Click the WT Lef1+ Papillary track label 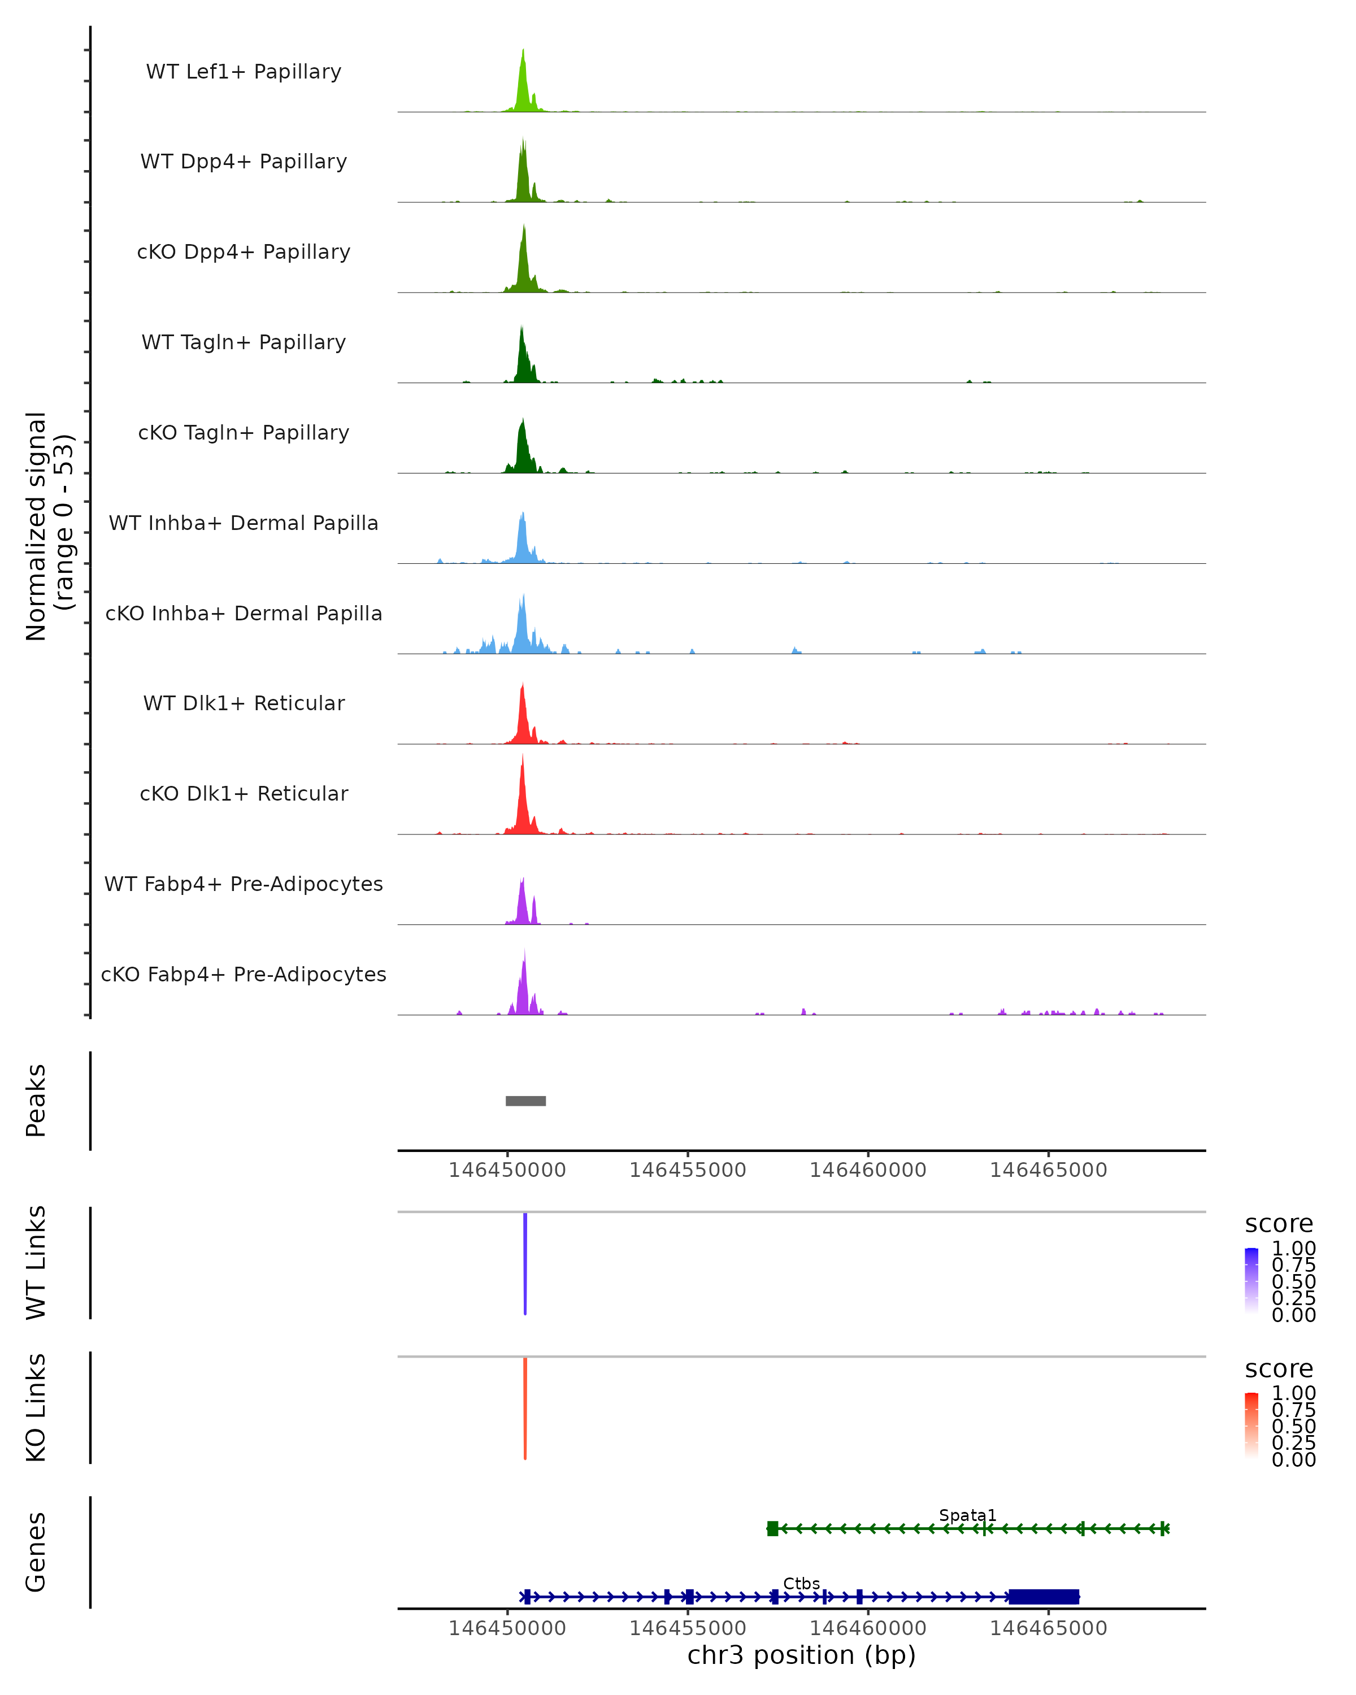click(x=244, y=72)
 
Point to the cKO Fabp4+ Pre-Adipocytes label click(x=244, y=974)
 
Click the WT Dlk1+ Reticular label click(x=244, y=703)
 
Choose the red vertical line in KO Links click(x=525, y=1407)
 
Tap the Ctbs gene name click(x=801, y=1583)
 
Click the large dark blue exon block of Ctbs click(x=1044, y=1597)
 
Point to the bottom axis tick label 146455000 click(x=688, y=1628)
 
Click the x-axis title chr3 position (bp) click(x=801, y=1655)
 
